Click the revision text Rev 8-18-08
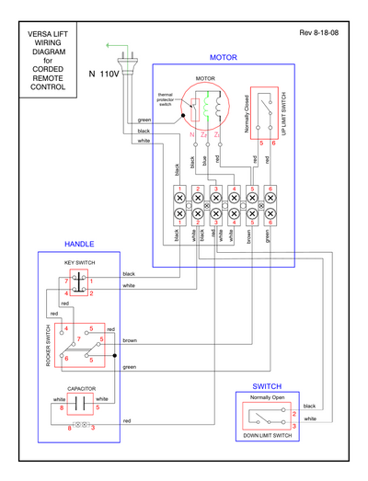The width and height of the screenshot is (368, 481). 318,32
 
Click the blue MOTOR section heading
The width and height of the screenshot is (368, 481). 224,57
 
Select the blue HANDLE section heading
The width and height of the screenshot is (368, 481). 78,245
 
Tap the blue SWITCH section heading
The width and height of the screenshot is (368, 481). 266,386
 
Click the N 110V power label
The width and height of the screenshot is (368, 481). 104,73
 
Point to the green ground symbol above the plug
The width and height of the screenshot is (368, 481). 113,43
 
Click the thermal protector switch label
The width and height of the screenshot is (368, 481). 167,98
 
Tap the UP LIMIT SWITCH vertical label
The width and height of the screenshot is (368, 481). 283,116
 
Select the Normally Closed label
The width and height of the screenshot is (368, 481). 247,115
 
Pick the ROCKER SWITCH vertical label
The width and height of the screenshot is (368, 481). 48,346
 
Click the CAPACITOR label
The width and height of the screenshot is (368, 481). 78,390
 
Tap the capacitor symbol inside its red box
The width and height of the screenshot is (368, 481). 78,406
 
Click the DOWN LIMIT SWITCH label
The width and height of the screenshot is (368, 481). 267,435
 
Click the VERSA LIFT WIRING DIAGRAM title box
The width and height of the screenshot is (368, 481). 41,56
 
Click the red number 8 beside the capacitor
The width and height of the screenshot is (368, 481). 62,407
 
